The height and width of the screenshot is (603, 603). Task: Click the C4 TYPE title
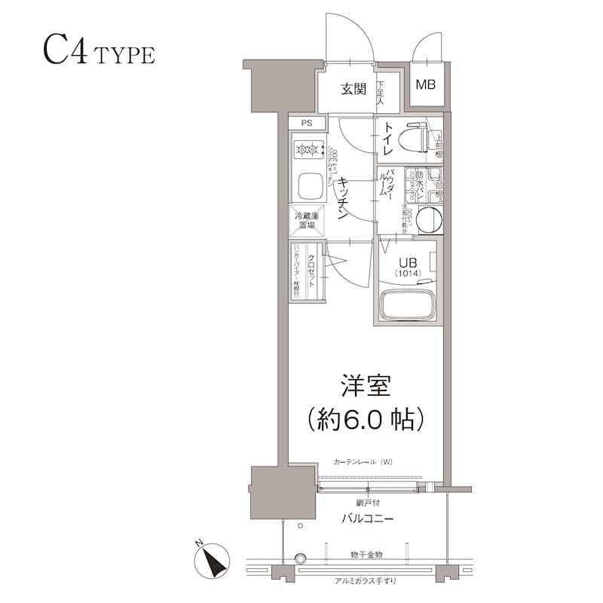click(x=98, y=54)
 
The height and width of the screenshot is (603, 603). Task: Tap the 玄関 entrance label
click(x=353, y=90)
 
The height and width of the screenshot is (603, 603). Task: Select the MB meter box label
click(x=426, y=84)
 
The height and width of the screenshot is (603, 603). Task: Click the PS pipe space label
click(x=306, y=123)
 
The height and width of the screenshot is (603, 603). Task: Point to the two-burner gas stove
click(x=308, y=151)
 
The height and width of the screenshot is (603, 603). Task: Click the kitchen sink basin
click(x=308, y=185)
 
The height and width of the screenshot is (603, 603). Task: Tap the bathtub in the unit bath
click(x=408, y=305)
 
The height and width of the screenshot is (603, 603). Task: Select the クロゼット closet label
click(x=310, y=268)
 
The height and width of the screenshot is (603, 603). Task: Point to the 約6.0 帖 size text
click(x=364, y=418)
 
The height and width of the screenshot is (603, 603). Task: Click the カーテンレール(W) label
click(x=364, y=461)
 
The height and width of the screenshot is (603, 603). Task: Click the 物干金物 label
click(x=366, y=554)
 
